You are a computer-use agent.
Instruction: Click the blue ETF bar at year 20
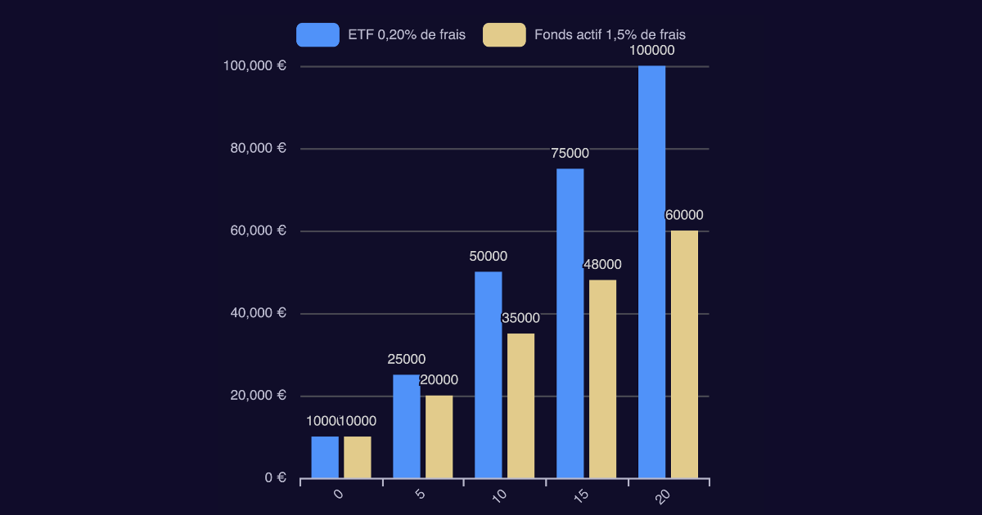651,271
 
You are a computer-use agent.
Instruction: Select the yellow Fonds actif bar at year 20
684,354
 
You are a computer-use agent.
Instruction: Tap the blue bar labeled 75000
570,323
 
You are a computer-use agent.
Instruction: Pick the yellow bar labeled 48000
602,378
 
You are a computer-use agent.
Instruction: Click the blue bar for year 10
488,374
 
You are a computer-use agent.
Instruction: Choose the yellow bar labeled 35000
520,405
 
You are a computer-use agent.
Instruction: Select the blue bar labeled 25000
406,426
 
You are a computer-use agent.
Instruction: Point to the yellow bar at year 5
439,437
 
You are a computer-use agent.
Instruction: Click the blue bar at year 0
324,457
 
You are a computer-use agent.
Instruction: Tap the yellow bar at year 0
357,457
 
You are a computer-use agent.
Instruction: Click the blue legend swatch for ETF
318,35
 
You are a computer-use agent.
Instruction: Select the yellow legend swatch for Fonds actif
504,35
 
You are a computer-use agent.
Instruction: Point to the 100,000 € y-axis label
255,66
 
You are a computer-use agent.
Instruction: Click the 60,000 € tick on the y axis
258,231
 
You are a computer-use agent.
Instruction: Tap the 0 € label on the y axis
275,478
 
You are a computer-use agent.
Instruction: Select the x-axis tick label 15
582,495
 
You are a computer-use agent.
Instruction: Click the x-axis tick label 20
664,495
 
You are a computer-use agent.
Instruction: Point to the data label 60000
684,215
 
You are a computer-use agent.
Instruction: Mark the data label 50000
488,256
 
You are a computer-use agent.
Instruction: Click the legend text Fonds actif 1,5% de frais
610,35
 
